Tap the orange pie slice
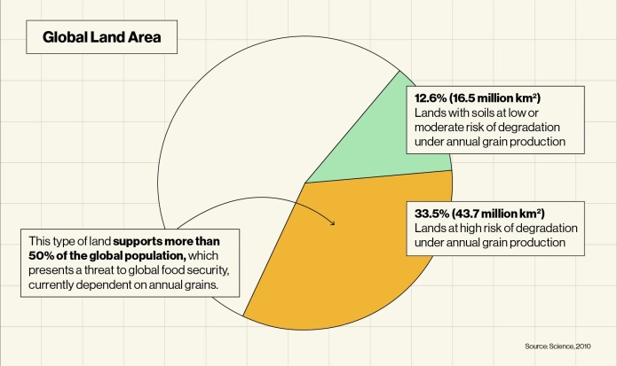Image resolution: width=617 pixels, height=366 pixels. (x=355, y=257)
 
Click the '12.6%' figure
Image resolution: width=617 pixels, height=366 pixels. (x=431, y=97)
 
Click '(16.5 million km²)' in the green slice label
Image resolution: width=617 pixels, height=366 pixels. (x=494, y=97)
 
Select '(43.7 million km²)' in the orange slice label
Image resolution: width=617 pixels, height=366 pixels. (x=500, y=214)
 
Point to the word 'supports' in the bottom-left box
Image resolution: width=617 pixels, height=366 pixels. (x=137, y=241)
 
